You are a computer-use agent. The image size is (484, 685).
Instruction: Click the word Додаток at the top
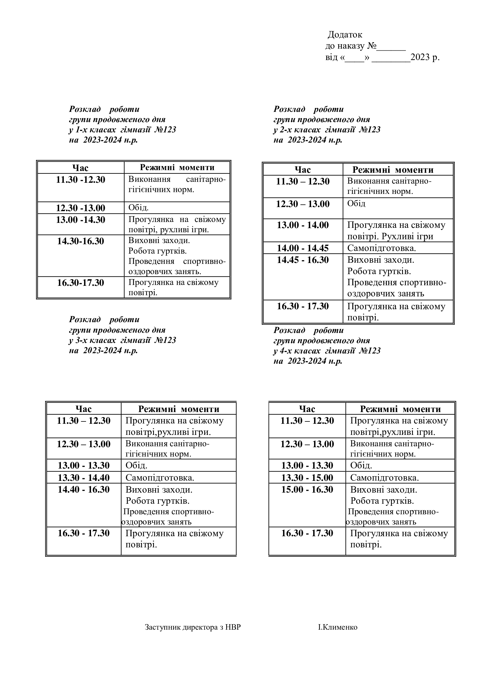tap(345, 35)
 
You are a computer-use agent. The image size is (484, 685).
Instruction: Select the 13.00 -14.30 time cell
tap(80, 220)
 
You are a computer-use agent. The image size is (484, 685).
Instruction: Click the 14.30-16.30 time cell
tap(80, 241)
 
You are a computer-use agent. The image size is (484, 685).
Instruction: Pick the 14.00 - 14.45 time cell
tap(303, 248)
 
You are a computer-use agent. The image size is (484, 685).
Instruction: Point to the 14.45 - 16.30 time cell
tap(303, 260)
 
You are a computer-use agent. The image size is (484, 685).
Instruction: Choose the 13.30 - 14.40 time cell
tap(83, 478)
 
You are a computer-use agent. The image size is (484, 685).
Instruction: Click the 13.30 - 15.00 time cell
tap(307, 478)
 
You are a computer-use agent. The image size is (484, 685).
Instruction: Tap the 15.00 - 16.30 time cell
tap(307, 490)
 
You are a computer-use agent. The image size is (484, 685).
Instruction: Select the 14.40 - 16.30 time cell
tap(83, 490)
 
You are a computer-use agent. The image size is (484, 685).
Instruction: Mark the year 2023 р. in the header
tap(425, 57)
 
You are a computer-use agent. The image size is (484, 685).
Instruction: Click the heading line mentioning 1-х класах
tap(123, 130)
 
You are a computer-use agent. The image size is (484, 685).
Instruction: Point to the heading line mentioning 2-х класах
tap(327, 130)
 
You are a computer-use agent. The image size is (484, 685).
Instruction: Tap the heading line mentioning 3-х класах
tap(123, 340)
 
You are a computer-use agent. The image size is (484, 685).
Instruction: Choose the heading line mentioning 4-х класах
tap(327, 351)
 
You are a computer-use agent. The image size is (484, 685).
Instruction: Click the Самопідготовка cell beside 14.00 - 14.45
tap(381, 248)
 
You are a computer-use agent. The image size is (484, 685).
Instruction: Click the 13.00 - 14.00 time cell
tap(303, 225)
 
